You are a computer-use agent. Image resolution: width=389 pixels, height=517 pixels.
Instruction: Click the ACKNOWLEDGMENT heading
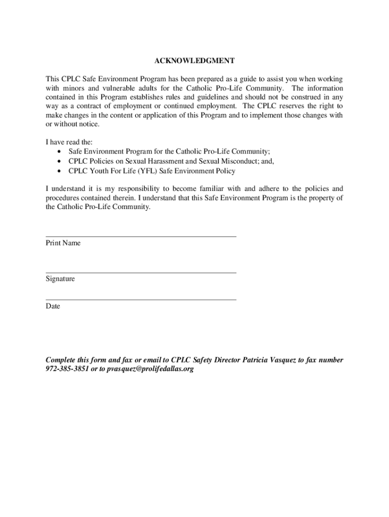pos(194,61)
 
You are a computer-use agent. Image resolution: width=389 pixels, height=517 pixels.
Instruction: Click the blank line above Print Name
pos(141,236)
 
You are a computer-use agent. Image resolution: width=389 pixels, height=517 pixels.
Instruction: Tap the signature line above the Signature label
pos(141,273)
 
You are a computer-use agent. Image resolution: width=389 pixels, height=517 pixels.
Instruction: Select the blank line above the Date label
pos(141,300)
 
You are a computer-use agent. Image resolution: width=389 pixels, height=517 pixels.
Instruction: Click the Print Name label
pos(63,243)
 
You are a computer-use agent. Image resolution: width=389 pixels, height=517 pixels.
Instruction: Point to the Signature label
pos(60,279)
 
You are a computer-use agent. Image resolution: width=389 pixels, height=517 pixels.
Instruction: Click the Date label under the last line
pos(53,306)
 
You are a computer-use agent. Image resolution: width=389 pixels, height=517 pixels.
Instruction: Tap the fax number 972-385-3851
pos(68,369)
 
